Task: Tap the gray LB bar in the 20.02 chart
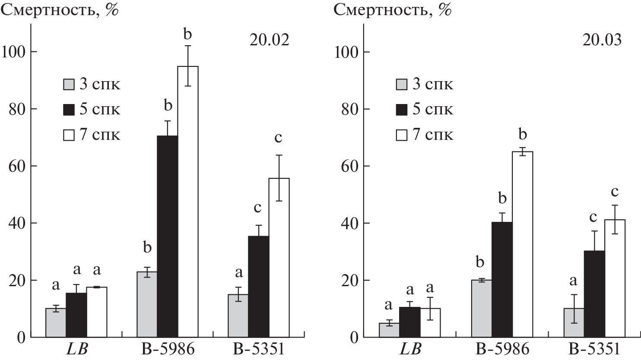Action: tap(56, 322)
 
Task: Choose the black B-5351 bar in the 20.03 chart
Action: tap(594, 294)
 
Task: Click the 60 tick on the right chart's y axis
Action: tap(349, 166)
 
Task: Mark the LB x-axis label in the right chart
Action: tap(409, 349)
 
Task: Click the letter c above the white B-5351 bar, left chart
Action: tap(278, 138)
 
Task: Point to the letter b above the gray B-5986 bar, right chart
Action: tap(481, 262)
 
